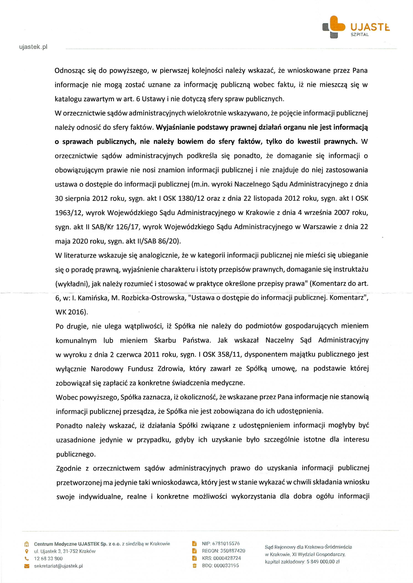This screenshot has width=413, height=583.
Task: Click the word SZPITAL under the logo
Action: click(360, 35)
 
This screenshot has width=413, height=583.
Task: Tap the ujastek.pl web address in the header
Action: click(33, 47)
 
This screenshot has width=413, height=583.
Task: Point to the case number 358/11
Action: click(229, 354)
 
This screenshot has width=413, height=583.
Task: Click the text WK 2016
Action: click(71, 312)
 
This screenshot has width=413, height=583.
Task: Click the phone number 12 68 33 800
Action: click(48, 559)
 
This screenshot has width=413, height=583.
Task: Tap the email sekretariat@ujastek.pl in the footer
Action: click(59, 566)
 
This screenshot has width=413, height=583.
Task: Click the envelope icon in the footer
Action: click(26, 566)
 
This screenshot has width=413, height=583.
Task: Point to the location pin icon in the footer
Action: click(26, 552)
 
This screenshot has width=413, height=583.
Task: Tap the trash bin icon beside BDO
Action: click(195, 566)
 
